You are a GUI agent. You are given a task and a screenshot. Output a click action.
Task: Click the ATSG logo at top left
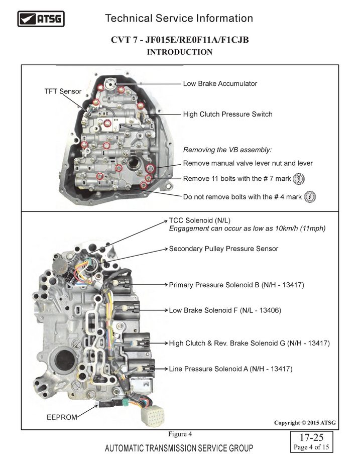pos(41,19)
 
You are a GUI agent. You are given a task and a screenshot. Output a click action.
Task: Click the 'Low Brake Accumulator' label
pos(220,83)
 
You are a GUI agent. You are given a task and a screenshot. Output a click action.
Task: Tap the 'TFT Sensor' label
pos(63,91)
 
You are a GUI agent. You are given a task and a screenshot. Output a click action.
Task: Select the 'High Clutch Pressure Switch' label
pos(228,114)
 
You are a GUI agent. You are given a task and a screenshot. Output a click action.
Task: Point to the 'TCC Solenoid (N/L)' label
pos(200,220)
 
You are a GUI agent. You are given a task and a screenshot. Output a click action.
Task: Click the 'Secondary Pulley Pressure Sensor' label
pos(223,249)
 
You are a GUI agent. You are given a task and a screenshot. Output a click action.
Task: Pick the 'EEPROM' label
pos(62,417)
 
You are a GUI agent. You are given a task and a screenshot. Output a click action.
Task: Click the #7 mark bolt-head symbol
pos(299,179)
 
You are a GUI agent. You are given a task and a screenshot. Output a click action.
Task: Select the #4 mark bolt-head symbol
pos(310,197)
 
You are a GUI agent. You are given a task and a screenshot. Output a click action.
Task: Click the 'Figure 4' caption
pos(180,434)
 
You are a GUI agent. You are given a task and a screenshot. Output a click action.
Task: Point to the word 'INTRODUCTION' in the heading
pos(180,52)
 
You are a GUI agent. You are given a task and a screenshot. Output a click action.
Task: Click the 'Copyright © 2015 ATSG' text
pos(305,423)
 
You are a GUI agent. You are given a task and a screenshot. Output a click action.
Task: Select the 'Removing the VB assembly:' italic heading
pos(227,150)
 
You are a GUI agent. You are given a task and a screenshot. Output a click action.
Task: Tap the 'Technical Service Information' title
pos(179,19)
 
